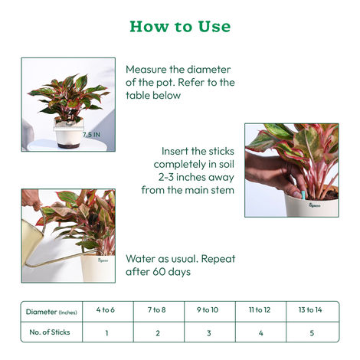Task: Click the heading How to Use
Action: [180, 27]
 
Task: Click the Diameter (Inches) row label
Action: [51, 311]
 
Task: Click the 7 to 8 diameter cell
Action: [157, 310]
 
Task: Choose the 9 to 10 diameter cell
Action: [209, 310]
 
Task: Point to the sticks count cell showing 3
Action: [209, 332]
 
